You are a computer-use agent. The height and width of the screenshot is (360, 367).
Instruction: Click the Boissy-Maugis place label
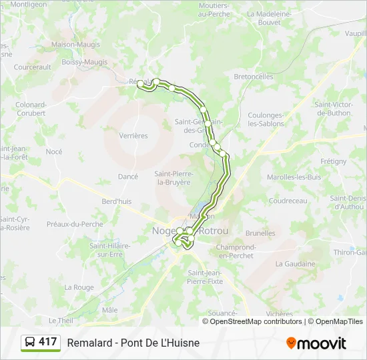[84, 63]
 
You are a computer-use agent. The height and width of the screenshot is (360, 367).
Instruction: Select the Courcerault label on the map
[33, 67]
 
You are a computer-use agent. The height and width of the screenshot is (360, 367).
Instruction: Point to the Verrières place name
[133, 136]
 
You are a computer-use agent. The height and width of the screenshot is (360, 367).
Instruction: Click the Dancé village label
[127, 177]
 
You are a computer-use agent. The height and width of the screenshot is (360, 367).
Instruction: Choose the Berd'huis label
[117, 201]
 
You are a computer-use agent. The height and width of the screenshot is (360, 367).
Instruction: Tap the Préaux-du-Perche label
[75, 224]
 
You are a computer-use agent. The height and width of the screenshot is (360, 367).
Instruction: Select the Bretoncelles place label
[254, 77]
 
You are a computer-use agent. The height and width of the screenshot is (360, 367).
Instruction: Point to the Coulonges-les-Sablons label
[266, 119]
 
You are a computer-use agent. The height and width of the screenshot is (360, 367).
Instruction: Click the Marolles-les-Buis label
[294, 177]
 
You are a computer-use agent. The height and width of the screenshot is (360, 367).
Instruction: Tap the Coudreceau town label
[288, 201]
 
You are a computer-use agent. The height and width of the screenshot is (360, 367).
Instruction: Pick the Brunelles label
[260, 233]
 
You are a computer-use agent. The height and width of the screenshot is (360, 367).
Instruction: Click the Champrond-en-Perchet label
[235, 251]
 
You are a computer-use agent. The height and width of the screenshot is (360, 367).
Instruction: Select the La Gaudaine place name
[295, 264]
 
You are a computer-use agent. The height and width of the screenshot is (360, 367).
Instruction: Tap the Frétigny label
[334, 161]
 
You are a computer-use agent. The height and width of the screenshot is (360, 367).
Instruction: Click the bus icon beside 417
[30, 343]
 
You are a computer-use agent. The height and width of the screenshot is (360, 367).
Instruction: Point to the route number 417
[48, 342]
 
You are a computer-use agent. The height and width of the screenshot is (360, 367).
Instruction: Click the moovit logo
[316, 343]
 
